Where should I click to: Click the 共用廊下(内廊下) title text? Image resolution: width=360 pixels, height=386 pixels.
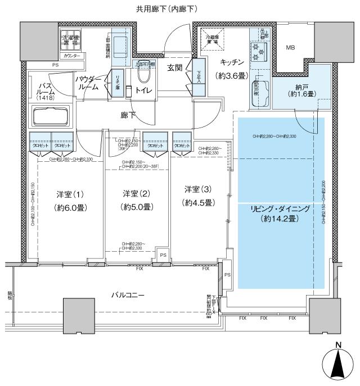166,9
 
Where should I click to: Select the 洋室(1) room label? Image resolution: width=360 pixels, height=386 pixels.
70,194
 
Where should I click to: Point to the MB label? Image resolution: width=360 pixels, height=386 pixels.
291,48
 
